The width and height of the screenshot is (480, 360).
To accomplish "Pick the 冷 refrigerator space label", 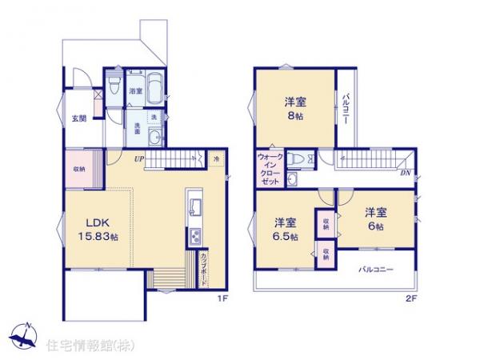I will click(216, 159).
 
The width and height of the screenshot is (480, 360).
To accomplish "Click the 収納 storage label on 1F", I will click(79, 169).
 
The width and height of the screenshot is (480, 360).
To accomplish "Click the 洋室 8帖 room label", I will click(294, 107).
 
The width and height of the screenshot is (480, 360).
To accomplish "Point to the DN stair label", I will click(405, 171).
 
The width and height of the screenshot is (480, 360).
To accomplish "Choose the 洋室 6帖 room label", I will click(375, 218).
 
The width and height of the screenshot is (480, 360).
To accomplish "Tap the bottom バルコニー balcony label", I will click(376, 270).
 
